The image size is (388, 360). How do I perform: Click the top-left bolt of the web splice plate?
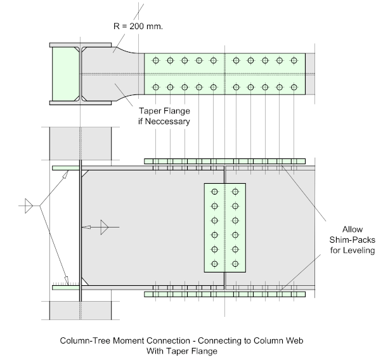pos(214,191)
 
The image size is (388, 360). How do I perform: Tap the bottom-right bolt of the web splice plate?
pos(236,264)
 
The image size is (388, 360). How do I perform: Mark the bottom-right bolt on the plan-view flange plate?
pos(294,86)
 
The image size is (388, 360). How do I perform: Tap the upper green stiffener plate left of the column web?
pos(66,167)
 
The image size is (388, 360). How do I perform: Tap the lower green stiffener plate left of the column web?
pos(66,287)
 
